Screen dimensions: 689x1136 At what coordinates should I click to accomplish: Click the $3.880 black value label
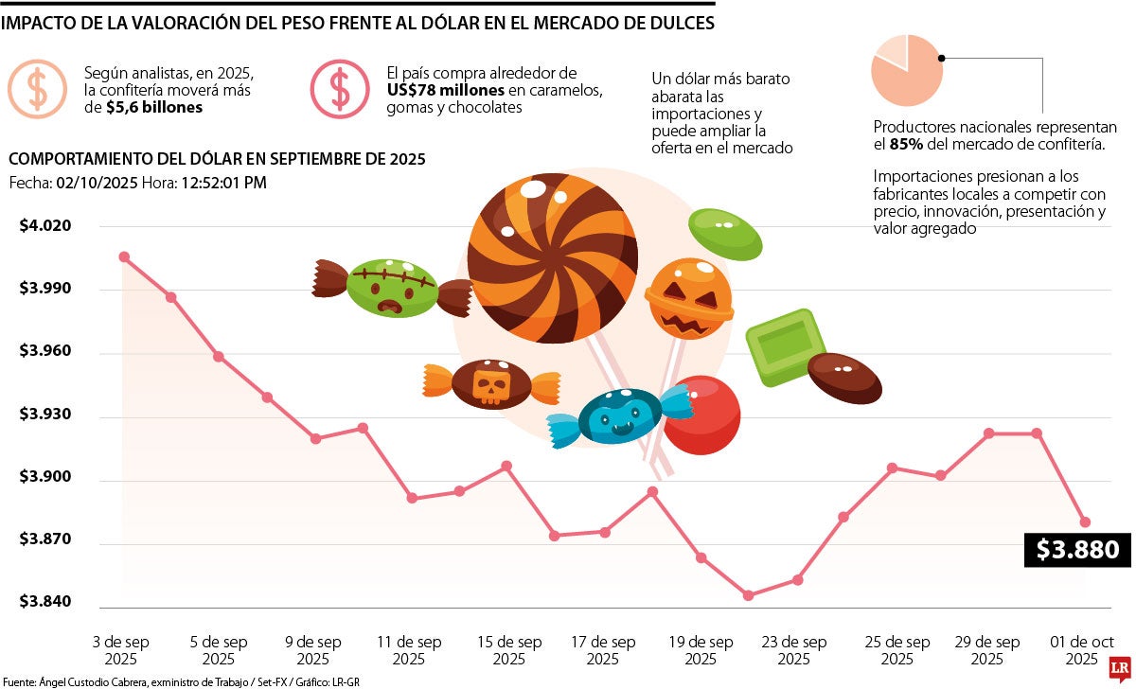click(x=1077, y=549)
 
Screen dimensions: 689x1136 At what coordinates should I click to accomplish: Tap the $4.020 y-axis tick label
click(x=45, y=225)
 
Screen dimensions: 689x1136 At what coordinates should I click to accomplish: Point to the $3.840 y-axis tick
click(x=45, y=603)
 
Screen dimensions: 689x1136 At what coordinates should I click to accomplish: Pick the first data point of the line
click(x=124, y=256)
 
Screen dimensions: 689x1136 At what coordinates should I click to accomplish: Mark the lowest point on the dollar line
click(x=748, y=595)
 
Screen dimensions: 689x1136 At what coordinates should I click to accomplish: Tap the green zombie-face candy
click(x=391, y=288)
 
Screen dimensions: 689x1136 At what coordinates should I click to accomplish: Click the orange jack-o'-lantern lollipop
click(x=689, y=297)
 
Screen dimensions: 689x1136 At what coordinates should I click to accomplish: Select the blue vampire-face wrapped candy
click(x=620, y=416)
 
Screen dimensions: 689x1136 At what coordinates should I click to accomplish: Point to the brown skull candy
click(x=491, y=383)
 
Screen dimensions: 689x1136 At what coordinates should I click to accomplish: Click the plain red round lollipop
click(x=702, y=415)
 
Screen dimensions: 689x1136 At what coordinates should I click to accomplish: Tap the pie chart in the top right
click(x=906, y=68)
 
